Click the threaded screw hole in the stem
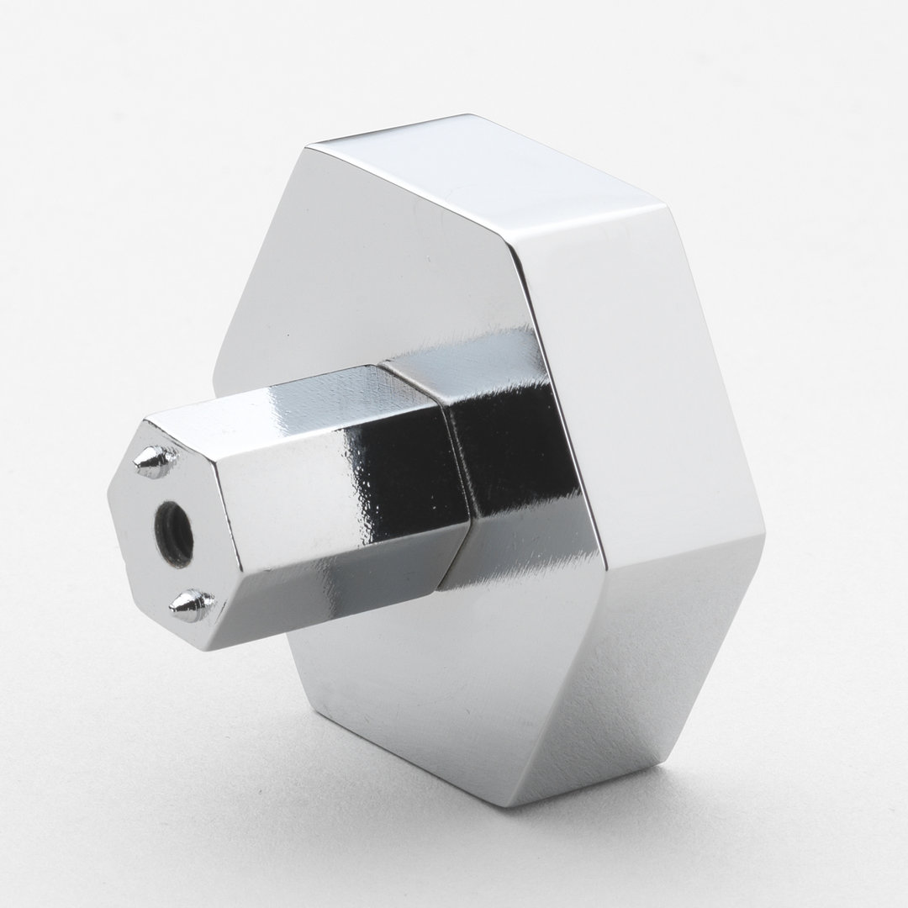[x=174, y=532]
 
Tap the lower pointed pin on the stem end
[x=193, y=604]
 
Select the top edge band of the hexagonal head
[x=488, y=164]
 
